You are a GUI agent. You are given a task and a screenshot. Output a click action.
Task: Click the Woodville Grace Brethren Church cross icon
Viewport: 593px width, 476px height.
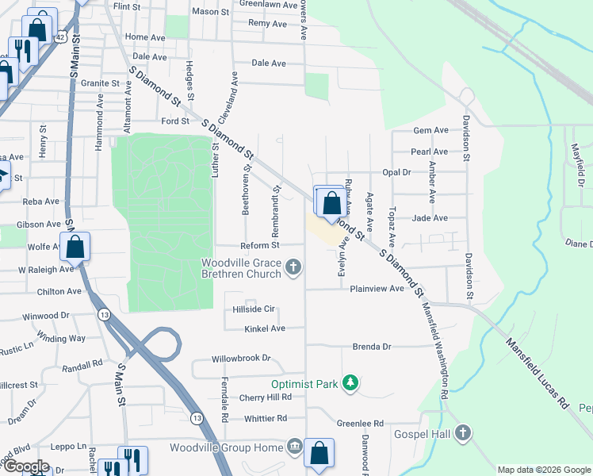294,267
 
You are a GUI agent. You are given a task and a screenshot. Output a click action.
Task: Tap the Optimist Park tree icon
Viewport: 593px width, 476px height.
350,384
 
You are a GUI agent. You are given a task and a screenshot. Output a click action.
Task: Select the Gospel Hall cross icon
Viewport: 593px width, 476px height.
463,433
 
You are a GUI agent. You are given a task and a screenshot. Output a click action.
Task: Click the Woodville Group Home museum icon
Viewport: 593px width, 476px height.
295,447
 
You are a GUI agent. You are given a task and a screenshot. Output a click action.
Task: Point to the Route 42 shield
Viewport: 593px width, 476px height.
61,36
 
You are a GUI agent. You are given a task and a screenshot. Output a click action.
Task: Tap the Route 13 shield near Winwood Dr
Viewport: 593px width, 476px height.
104,315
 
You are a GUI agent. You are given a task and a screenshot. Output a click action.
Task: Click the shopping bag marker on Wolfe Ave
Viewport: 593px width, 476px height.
75,247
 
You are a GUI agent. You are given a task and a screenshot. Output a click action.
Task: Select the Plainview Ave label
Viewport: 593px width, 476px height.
377,289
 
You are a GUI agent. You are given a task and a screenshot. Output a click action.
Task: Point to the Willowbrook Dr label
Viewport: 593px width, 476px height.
241,359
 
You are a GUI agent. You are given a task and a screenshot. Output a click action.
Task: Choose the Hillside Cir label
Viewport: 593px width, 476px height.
253,309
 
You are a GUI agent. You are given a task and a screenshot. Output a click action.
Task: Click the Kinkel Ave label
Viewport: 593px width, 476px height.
265,328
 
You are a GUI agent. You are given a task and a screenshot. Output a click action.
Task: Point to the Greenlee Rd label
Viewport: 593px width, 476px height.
360,424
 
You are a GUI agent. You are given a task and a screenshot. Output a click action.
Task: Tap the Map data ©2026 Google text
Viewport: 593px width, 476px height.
543,470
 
